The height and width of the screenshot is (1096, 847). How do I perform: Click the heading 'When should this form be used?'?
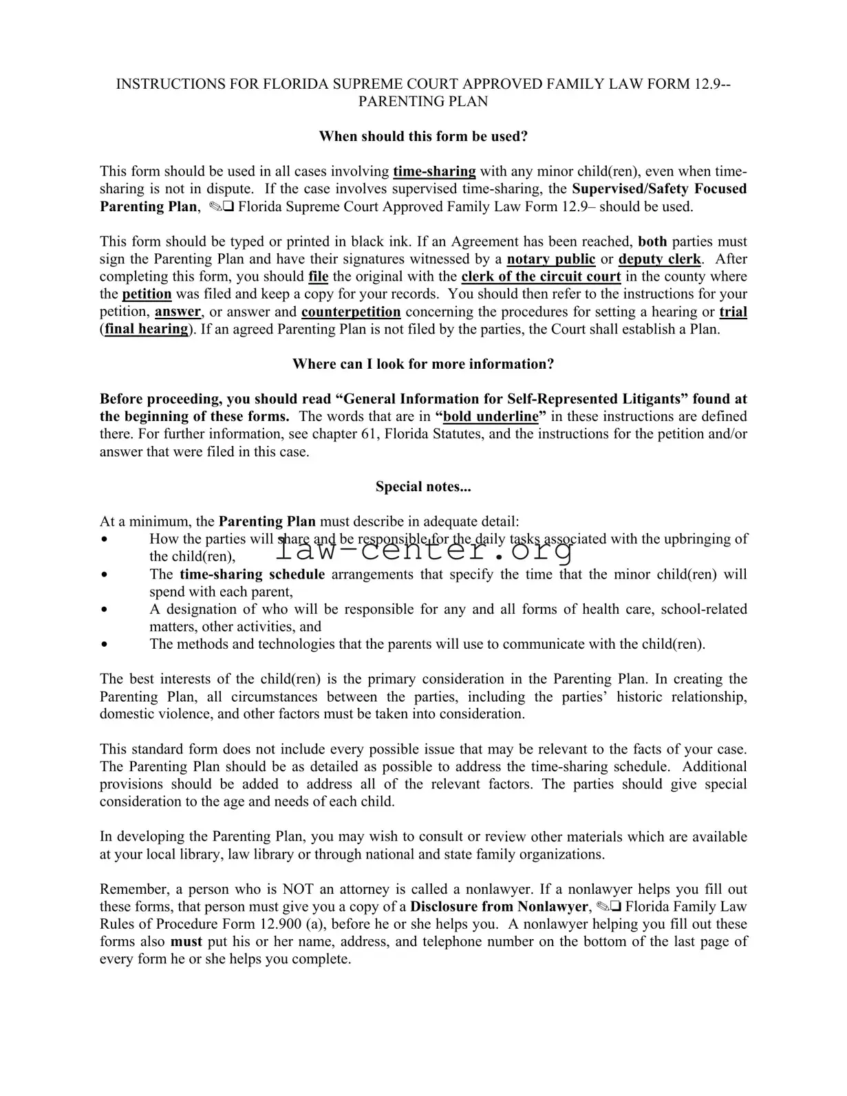[x=423, y=136]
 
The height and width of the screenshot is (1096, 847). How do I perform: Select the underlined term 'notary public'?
[x=551, y=259]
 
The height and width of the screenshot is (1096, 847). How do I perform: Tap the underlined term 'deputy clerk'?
[x=659, y=259]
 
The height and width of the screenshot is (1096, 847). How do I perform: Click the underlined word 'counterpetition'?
[x=351, y=312]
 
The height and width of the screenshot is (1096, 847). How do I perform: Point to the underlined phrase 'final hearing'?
[x=146, y=329]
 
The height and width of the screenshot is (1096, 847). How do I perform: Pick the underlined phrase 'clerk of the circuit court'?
[x=541, y=277]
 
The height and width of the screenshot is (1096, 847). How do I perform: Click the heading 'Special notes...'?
[x=423, y=487]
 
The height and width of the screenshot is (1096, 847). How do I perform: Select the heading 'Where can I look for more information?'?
[x=423, y=364]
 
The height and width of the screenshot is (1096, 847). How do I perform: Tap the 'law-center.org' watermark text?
[x=425, y=550]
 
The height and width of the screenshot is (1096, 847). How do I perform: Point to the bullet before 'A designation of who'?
[x=104, y=610]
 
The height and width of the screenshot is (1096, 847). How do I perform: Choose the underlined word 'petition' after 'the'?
[x=147, y=294]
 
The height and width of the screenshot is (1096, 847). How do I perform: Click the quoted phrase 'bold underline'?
[x=491, y=416]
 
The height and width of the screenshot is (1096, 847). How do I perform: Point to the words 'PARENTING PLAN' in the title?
[x=423, y=102]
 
